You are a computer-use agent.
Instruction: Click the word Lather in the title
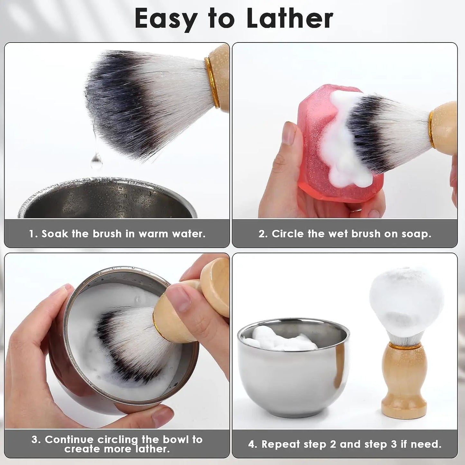290,19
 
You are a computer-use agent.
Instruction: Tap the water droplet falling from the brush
97,161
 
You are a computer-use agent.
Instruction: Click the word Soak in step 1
55,234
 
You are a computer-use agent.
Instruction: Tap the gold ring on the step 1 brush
212,82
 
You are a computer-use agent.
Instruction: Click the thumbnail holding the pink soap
289,133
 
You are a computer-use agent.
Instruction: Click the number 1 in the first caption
31,234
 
